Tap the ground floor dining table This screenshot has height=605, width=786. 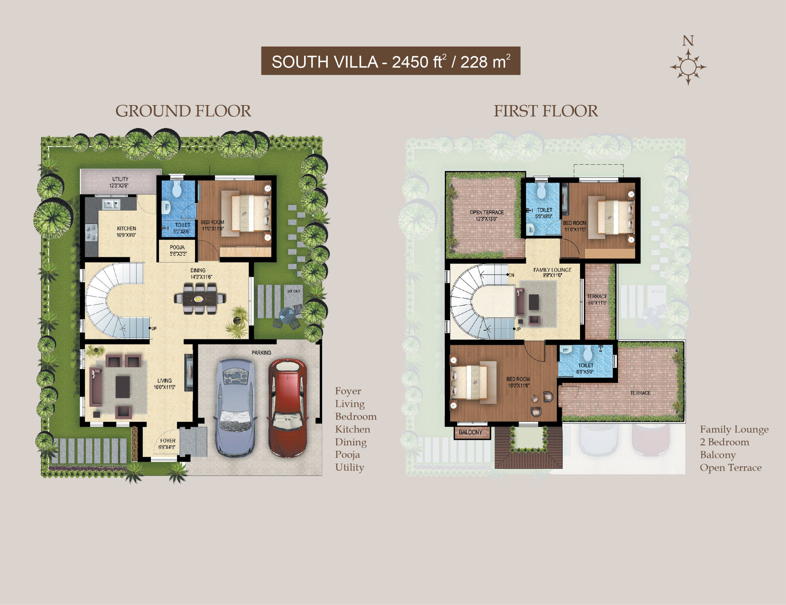click(200, 299)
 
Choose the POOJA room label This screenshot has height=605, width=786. click(177, 247)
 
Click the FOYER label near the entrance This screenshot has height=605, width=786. click(168, 440)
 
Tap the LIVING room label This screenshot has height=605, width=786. click(165, 380)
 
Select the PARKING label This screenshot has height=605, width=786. click(261, 352)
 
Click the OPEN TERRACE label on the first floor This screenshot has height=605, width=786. click(487, 212)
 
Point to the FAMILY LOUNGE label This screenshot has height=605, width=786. click(552, 270)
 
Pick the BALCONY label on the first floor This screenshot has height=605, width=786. click(470, 432)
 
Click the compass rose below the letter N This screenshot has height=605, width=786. click(688, 67)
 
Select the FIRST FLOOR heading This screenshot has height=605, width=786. click(546, 111)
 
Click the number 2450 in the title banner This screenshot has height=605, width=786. click(410, 62)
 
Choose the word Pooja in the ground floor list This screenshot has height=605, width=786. click(347, 455)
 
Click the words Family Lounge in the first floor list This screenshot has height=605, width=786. click(734, 430)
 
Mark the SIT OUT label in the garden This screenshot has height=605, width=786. click(294, 291)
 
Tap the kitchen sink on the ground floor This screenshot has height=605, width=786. click(111, 205)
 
